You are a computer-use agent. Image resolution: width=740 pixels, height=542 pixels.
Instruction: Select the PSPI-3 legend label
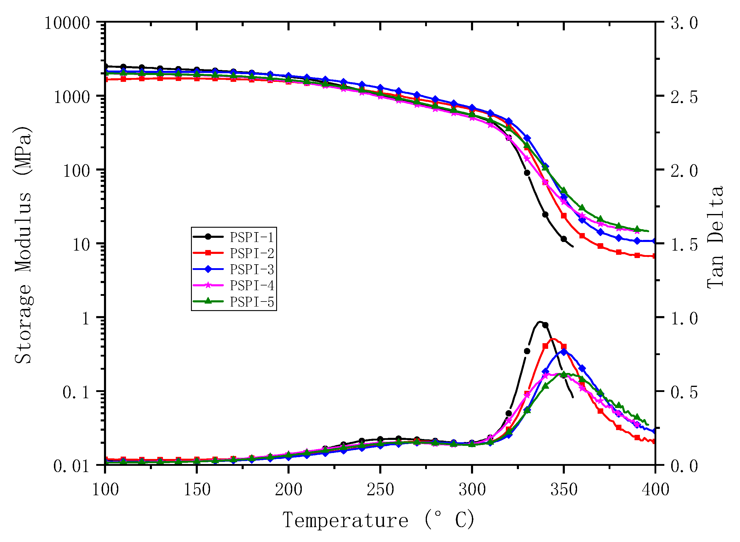[251, 269]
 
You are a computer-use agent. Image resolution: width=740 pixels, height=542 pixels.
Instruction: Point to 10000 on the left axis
[67, 24]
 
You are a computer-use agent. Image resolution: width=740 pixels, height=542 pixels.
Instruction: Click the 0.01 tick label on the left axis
[71, 466]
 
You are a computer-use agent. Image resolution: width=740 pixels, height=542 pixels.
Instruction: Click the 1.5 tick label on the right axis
[684, 245]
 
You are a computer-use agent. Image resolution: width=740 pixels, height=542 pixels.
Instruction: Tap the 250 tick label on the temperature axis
[380, 490]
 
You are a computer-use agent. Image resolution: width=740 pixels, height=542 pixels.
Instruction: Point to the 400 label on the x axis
[655, 490]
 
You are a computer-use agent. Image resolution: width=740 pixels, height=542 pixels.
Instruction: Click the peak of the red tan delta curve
[553, 339]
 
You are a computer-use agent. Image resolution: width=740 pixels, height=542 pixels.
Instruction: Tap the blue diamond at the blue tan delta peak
[564, 352]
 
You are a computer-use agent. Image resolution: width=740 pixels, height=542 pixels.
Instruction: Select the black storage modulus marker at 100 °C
[105, 66]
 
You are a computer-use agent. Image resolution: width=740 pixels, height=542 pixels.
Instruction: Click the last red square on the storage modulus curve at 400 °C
[654, 256]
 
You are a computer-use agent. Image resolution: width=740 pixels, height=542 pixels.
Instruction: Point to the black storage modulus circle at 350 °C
[564, 239]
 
